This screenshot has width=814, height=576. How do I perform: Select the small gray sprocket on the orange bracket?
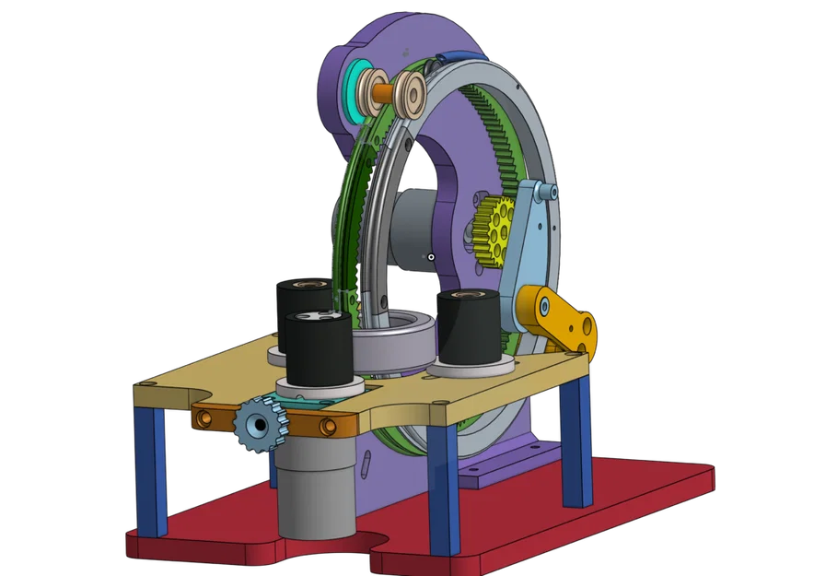pyautogui.click(x=260, y=424)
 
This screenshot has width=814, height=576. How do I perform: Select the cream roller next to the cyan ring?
pyautogui.click(x=375, y=91)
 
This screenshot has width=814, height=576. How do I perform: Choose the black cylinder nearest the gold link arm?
pyautogui.click(x=468, y=327)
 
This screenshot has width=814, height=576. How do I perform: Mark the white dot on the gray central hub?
pyautogui.click(x=431, y=255)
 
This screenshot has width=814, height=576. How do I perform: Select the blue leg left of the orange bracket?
pyautogui.click(x=150, y=470)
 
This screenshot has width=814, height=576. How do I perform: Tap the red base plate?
pyautogui.click(x=552, y=516)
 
